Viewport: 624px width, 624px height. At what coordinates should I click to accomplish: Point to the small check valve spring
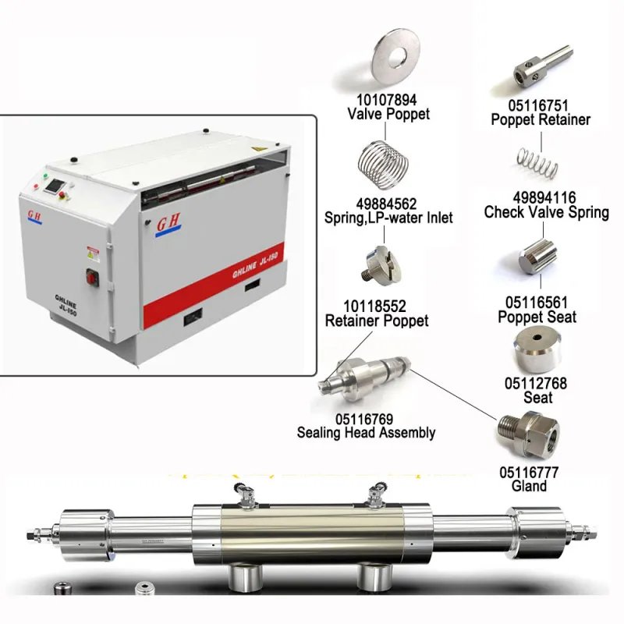point(537,162)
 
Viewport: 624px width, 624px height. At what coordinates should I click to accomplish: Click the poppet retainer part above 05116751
point(542,66)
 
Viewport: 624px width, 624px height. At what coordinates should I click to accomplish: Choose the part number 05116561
point(537,303)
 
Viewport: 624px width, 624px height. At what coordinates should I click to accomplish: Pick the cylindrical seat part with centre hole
point(537,350)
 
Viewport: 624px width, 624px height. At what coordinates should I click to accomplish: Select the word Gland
point(529,486)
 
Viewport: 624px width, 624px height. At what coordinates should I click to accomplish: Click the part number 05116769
point(364,419)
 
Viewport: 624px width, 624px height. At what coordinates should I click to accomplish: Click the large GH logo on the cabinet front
point(168,224)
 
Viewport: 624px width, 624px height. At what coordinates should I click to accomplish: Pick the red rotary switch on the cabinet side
point(92,277)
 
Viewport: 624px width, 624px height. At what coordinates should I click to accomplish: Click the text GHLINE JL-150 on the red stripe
point(255,264)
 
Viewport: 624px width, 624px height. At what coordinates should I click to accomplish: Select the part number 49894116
point(544,198)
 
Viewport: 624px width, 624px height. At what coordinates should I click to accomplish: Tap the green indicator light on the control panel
point(45,175)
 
